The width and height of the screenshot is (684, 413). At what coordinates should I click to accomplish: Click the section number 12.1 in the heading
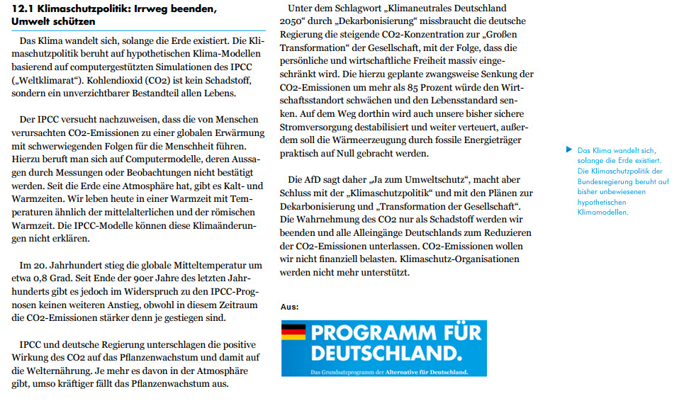coord(23,9)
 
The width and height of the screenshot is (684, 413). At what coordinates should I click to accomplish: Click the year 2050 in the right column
coord(293,21)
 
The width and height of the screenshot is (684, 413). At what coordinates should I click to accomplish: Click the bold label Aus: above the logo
coord(289,307)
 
